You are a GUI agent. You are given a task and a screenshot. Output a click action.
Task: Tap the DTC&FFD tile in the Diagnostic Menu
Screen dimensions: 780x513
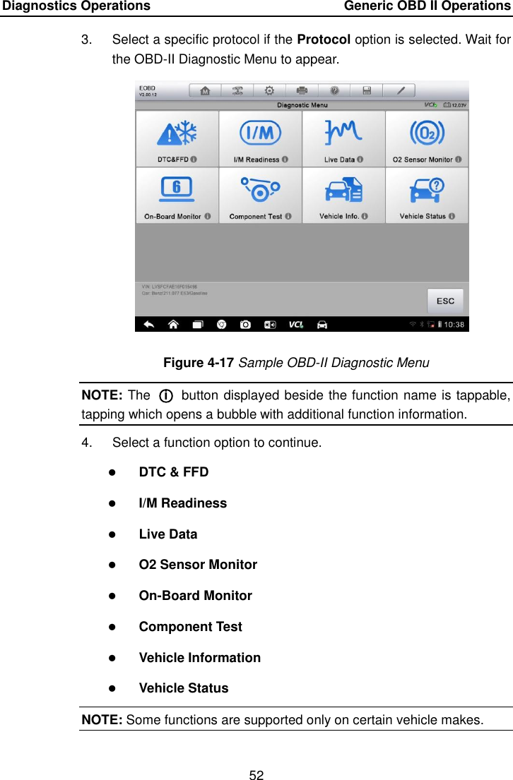point(177,139)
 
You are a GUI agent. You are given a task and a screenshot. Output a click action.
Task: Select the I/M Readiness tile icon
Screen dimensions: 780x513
point(260,132)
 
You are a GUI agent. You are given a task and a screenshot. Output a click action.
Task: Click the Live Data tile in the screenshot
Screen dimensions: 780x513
point(343,139)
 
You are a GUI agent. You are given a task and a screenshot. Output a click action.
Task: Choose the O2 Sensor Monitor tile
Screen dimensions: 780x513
point(427,139)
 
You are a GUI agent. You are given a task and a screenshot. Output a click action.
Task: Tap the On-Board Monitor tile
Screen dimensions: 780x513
point(177,196)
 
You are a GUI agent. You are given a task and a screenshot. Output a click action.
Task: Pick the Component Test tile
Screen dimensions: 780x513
point(260,196)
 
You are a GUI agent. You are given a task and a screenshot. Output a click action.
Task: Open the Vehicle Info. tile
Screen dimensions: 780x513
point(343,196)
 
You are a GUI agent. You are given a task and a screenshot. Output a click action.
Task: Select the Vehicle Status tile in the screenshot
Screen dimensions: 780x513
point(427,196)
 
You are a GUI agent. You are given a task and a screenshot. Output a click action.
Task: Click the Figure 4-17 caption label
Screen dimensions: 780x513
point(199,363)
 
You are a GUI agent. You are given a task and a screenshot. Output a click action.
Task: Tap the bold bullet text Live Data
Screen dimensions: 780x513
point(168,534)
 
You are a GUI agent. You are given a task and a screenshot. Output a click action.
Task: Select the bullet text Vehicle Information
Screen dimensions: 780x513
point(200,658)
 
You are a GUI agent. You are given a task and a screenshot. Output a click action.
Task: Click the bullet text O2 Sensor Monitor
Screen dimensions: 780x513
point(198,565)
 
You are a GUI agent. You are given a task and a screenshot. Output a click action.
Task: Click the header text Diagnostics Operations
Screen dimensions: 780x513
point(76,6)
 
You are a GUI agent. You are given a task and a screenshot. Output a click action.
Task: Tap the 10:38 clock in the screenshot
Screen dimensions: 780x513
point(455,325)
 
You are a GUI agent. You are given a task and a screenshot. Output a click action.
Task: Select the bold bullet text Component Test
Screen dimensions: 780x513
point(191,627)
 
